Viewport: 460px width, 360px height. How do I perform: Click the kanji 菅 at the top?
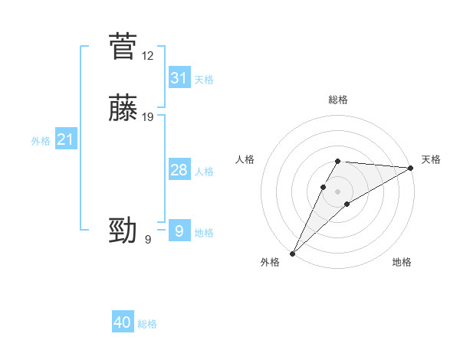(x=123, y=47)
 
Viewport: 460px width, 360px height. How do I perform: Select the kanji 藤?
(x=123, y=108)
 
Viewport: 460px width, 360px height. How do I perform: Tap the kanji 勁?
(x=123, y=230)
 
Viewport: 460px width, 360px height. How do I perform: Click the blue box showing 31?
(x=179, y=78)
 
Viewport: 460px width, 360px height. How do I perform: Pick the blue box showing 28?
(x=179, y=170)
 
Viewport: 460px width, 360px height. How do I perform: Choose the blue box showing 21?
(x=65, y=139)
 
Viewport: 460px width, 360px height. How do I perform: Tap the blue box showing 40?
(x=123, y=322)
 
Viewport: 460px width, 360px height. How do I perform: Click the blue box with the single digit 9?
(x=179, y=231)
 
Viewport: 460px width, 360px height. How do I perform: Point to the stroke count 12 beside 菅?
(x=148, y=56)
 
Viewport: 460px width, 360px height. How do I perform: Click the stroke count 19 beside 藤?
(x=148, y=117)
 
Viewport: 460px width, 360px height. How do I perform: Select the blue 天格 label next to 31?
(x=204, y=80)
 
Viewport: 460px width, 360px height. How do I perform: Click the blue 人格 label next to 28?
(x=204, y=172)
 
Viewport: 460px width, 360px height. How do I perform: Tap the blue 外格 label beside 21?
(x=41, y=141)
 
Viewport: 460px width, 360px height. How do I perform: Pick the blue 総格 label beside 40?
(x=147, y=324)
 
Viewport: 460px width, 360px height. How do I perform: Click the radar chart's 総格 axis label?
(x=337, y=100)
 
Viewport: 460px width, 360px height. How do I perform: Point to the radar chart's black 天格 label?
(x=431, y=159)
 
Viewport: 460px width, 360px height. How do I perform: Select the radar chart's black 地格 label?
(x=402, y=262)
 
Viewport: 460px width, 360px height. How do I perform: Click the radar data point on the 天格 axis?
(x=411, y=168)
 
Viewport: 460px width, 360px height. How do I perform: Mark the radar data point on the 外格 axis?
(x=293, y=253)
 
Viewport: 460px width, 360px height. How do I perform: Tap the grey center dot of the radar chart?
(x=337, y=191)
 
